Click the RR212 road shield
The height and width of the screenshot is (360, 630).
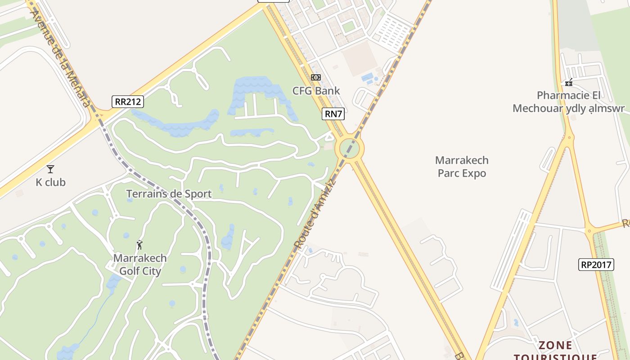tap(127, 102)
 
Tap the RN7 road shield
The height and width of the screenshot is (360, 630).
tap(333, 114)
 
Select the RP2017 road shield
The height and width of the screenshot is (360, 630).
tap(596, 265)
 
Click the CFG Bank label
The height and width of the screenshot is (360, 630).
tap(316, 91)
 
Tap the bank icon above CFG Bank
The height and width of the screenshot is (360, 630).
tap(316, 77)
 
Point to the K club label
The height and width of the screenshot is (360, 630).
tap(50, 182)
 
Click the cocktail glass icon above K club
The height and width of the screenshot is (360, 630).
tap(50, 169)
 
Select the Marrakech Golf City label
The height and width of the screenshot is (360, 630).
tap(139, 265)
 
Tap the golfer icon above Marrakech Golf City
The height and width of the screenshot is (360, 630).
tap(139, 245)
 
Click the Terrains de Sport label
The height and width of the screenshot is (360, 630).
tap(169, 194)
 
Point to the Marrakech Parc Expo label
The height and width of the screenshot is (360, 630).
tap(462, 166)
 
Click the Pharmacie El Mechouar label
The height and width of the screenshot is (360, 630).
tap(569, 102)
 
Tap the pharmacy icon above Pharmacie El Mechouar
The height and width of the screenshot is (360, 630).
tap(569, 82)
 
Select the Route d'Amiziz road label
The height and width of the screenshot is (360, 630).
tap(315, 214)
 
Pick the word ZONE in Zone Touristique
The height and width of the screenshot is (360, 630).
tap(556, 346)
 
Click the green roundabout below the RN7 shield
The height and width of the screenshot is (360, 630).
tap(351, 148)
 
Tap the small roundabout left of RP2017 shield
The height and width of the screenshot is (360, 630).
tap(589, 232)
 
